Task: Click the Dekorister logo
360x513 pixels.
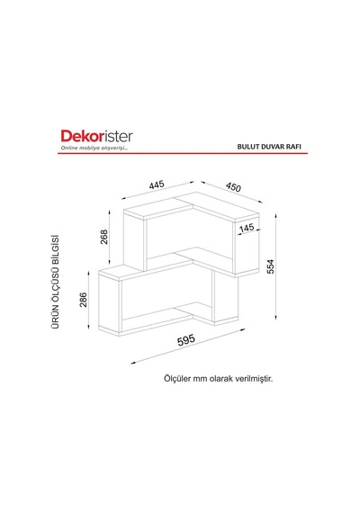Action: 96,137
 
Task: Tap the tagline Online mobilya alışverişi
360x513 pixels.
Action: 94,148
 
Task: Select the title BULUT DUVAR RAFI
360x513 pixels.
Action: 269,147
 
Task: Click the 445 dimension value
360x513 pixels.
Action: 157,184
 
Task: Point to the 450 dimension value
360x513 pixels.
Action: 233,187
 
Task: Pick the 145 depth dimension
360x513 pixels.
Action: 247,228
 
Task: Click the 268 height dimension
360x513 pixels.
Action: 103,237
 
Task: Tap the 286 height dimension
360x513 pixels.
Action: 84,300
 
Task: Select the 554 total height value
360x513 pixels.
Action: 270,266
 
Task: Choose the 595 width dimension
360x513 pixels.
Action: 186,340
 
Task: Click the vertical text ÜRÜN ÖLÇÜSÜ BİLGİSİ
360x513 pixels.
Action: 56,282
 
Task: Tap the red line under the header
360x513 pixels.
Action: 183,153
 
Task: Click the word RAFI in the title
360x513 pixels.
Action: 293,147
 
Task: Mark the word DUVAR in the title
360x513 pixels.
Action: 274,147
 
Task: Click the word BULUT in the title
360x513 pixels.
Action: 248,147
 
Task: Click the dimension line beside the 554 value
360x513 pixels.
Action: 276,266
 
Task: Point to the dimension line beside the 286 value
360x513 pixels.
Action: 89,300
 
